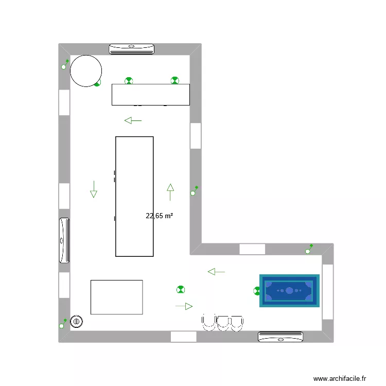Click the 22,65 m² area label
[159, 216]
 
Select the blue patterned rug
[289, 290]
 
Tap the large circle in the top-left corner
[85, 71]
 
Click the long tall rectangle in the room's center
[134, 196]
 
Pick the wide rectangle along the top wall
[151, 95]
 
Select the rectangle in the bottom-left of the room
[116, 297]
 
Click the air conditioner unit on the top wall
[132, 49]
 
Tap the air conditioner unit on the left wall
[64, 240]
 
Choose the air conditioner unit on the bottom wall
[280, 337]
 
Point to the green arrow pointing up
[170, 191]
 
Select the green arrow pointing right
[184, 306]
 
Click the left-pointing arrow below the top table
[133, 120]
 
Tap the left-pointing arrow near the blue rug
[216, 271]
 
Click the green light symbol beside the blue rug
[257, 291]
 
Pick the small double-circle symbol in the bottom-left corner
[77, 321]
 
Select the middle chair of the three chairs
[223, 322]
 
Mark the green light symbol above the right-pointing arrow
[180, 290]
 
